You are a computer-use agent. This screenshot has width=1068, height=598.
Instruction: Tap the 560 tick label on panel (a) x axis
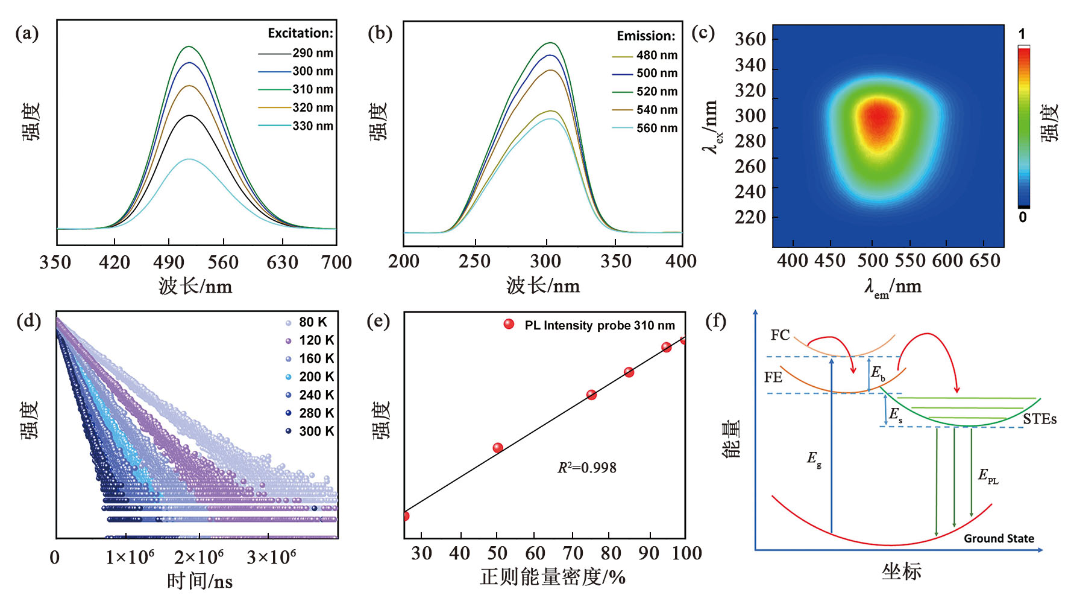(x=223, y=262)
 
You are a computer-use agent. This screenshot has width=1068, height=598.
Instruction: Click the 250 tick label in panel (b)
(x=474, y=261)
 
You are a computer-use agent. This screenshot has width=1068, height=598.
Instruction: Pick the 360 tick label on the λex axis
(x=750, y=39)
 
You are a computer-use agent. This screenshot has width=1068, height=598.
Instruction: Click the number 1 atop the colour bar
(x=1022, y=34)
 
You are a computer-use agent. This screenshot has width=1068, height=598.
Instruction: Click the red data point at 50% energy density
(x=498, y=448)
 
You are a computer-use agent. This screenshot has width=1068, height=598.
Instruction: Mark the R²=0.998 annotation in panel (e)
(x=586, y=468)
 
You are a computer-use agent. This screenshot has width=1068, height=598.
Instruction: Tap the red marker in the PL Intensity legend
(x=509, y=324)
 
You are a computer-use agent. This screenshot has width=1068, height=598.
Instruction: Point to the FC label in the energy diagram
(x=780, y=335)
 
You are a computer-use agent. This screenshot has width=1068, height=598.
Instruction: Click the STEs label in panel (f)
(x=1039, y=419)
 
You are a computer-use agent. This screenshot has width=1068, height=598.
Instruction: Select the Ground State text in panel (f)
(x=999, y=538)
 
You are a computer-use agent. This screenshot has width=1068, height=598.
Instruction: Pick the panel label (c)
(x=703, y=33)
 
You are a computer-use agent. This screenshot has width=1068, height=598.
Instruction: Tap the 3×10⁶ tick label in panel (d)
(x=271, y=557)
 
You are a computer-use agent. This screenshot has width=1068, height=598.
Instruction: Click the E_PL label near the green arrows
(x=988, y=476)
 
